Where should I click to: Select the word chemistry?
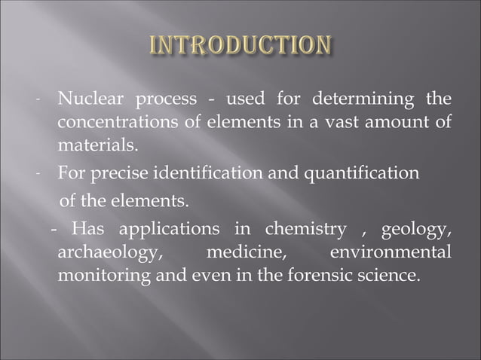pyautogui.click(x=305, y=229)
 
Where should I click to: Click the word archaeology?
pyautogui.click(x=106, y=252)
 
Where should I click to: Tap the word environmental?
pyautogui.click(x=391, y=252)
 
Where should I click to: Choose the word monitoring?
pyautogui.click(x=104, y=273)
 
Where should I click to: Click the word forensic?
pyautogui.click(x=320, y=273)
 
